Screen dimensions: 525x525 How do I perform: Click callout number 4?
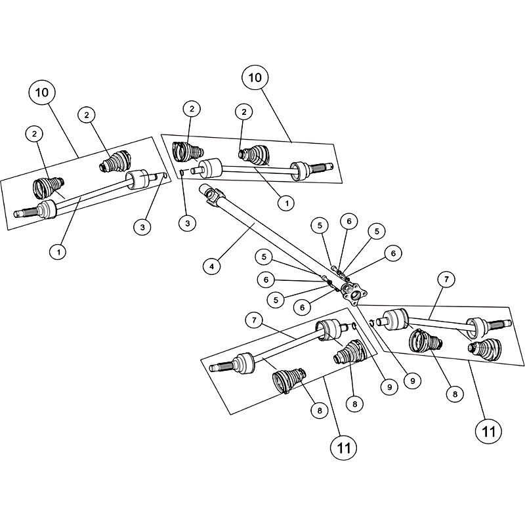tap(211, 266)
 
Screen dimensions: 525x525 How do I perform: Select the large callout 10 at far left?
tap(42, 93)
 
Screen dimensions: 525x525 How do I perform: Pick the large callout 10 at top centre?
tap(255, 77)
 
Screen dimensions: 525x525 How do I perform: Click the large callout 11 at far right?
tap(488, 432)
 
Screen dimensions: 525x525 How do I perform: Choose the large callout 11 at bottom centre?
tap(343, 448)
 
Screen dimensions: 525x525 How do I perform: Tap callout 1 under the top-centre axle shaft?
tap(286, 203)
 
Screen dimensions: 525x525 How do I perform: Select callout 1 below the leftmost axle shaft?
tap(58, 252)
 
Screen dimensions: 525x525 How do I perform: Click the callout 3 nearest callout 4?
tap(187, 223)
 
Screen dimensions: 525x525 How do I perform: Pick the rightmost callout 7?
tap(446, 280)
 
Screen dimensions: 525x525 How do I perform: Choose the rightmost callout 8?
tap(455, 394)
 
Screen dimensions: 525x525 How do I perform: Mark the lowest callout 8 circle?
tap(320, 410)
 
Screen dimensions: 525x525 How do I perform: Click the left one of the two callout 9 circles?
tap(389, 387)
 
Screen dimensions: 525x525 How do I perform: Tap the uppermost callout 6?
tap(349, 221)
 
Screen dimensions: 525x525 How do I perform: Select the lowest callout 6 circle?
tap(302, 307)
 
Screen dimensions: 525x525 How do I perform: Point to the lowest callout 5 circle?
tap(276, 300)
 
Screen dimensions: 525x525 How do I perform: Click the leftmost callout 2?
tap(34, 134)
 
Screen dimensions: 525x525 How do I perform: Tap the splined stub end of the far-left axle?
tap(25, 212)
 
